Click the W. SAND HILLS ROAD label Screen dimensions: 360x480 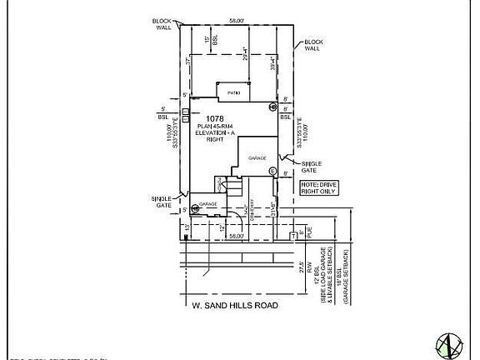coord(235,305)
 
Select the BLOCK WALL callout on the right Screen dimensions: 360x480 coord(313,45)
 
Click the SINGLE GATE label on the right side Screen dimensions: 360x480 coord(312,167)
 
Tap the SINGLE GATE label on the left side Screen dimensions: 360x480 coord(162,200)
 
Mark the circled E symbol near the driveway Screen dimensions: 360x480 coord(272,172)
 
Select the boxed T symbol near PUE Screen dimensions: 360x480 coord(293,236)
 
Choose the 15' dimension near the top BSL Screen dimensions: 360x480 coord(206,37)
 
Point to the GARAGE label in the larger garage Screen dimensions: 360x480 coord(257,157)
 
